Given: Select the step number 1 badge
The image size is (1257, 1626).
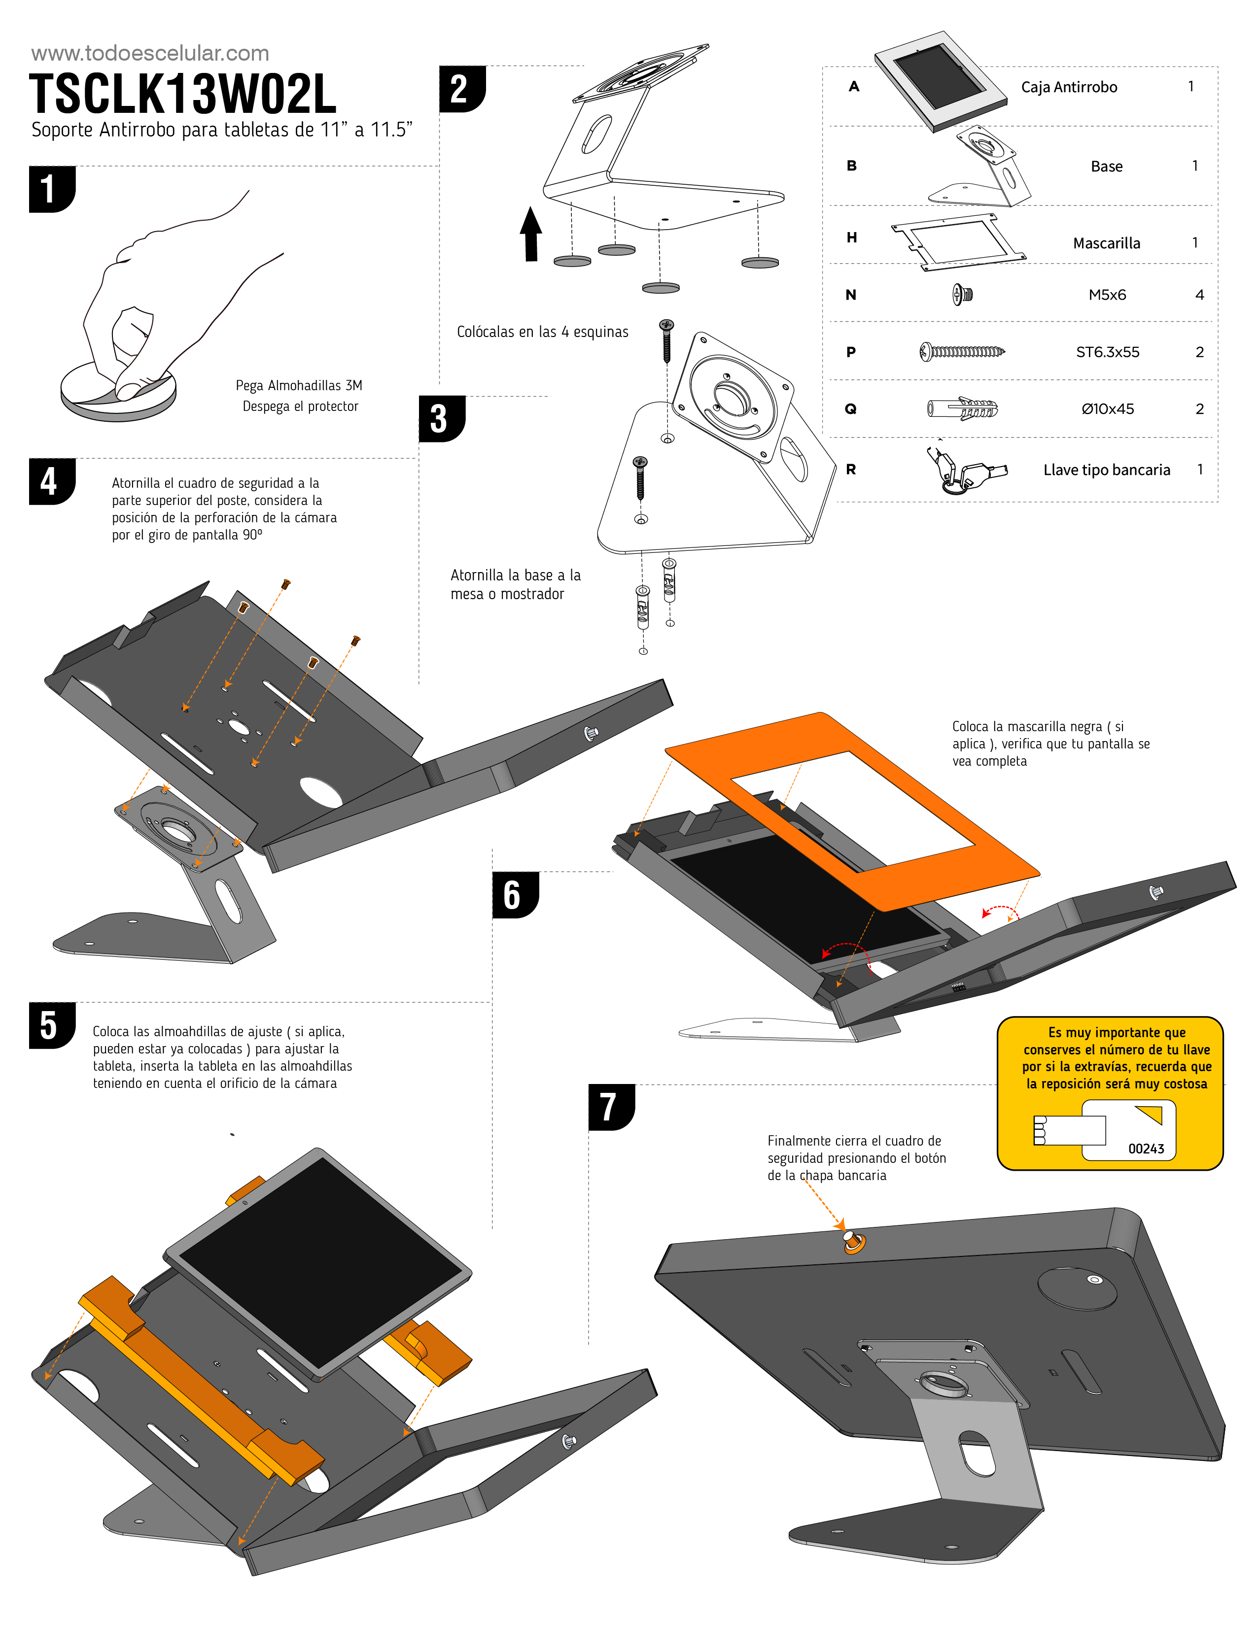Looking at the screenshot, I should point(51,189).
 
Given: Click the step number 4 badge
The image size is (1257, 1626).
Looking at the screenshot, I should point(51,482).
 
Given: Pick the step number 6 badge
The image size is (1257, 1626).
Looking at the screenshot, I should point(514,895).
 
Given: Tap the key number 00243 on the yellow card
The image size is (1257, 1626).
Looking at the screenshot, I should point(1146,1148).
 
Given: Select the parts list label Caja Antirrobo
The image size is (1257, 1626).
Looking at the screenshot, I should point(1069,87).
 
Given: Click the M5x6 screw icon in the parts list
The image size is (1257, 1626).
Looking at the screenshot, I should point(962,295).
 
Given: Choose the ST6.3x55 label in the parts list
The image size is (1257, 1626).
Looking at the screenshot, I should point(1107,352).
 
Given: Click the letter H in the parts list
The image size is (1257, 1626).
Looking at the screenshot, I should point(852,237).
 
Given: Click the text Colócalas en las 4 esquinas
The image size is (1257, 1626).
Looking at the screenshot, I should point(542,332).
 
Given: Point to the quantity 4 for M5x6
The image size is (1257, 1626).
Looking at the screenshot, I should point(1199,295).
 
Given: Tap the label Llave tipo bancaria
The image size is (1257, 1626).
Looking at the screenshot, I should point(1107,470).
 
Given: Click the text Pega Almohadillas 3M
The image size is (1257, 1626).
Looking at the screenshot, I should point(299,386).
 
